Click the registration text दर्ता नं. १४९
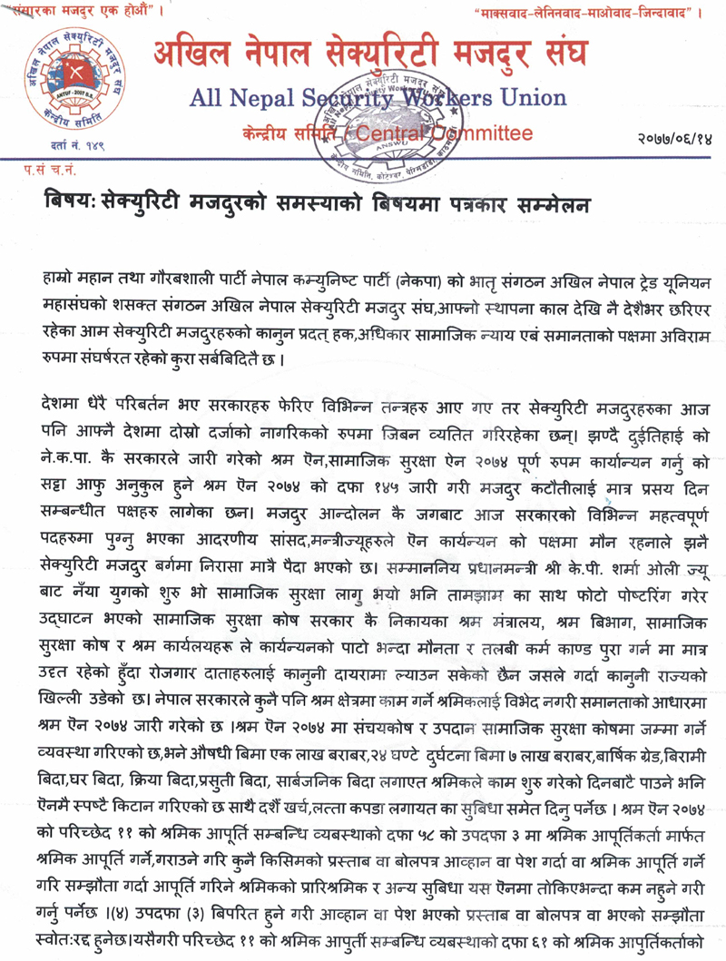tap(64, 146)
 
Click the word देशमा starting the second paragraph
tap(64, 375)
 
